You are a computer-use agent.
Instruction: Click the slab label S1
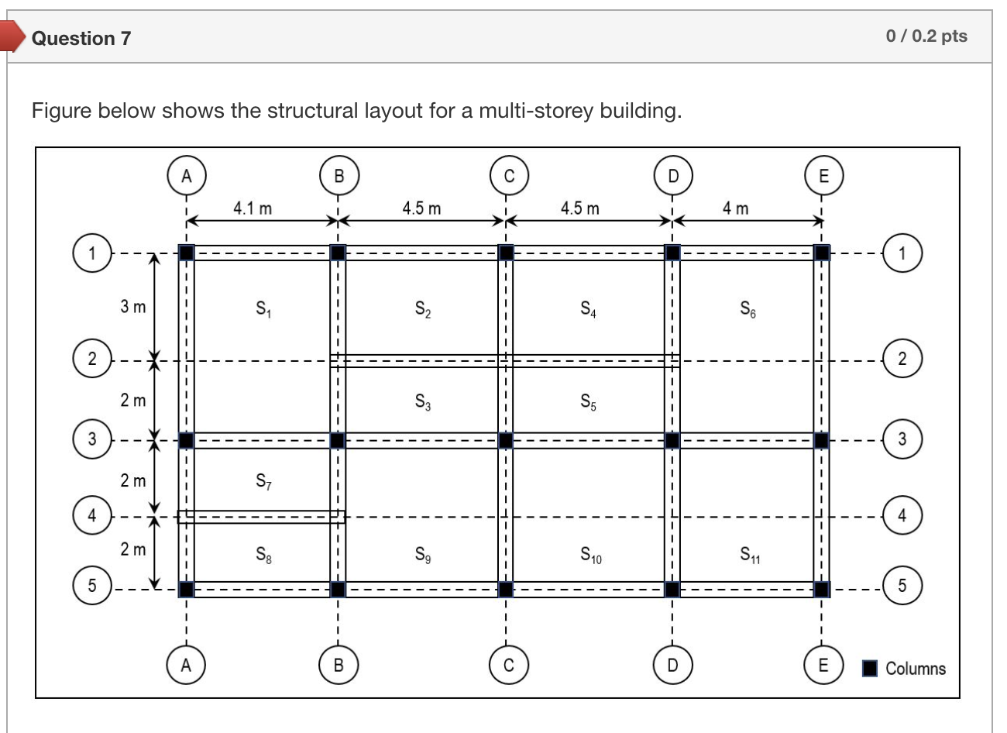coord(263,309)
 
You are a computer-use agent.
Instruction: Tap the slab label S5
coord(589,401)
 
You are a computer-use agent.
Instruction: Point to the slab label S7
coord(263,481)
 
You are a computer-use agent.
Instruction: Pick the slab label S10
coord(591,555)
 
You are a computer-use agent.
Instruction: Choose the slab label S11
coord(749,554)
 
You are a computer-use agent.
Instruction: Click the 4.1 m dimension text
coord(253,208)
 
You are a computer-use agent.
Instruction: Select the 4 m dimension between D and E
coord(735,208)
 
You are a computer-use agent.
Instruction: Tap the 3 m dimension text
coord(132,306)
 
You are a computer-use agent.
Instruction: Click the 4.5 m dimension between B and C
coord(421,208)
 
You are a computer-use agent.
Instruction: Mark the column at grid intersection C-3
coord(505,440)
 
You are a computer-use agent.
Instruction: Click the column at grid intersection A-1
coord(186,253)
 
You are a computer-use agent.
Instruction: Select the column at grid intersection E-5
coord(822,589)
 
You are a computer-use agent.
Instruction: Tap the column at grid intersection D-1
coord(672,253)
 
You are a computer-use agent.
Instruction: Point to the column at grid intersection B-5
coord(338,589)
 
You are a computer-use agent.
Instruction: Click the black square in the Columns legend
coord(871,668)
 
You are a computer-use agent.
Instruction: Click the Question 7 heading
coord(81,38)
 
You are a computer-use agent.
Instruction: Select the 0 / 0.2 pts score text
coord(926,36)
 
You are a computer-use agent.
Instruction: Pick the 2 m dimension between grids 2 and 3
coord(132,401)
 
